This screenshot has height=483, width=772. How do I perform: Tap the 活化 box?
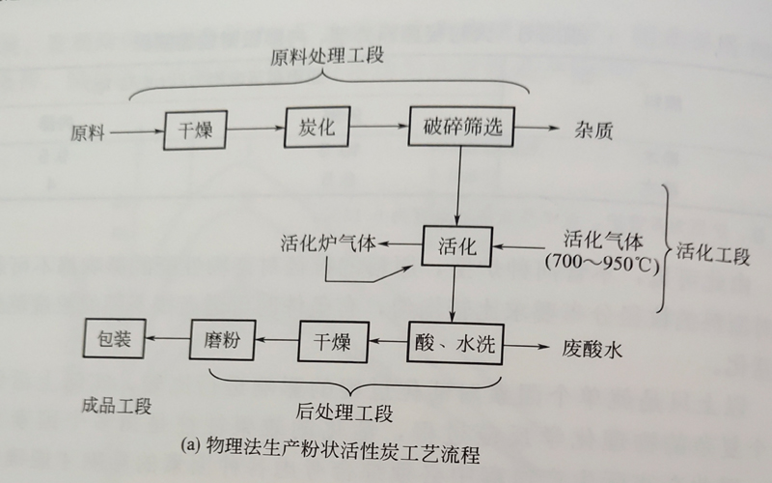(x=457, y=245)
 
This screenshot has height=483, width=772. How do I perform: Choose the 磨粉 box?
(x=221, y=341)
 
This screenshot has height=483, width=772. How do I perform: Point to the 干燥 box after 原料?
(x=196, y=128)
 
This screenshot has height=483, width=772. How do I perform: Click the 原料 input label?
(x=88, y=129)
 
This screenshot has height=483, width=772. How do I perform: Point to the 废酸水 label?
(x=587, y=347)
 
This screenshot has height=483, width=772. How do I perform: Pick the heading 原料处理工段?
(x=327, y=55)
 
